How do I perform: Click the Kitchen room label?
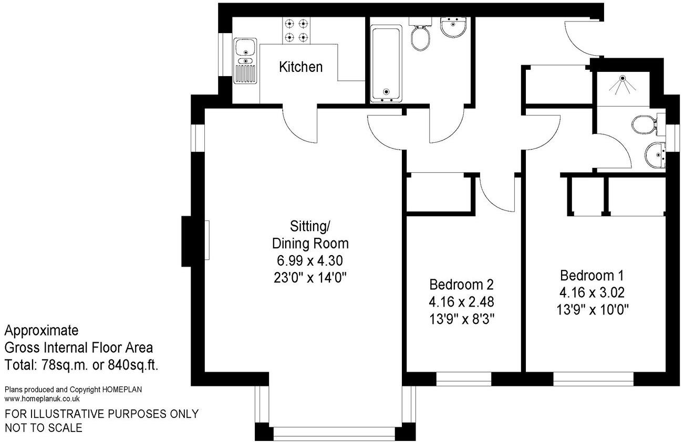tap(300, 67)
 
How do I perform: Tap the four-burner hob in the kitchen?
tap(296, 30)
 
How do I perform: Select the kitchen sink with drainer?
tap(245, 61)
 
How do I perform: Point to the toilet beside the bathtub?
tap(420, 36)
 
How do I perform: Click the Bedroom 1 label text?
tap(593, 276)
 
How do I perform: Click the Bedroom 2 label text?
tap(462, 285)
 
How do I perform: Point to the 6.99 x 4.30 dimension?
tap(310, 260)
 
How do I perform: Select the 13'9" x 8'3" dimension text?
tap(462, 319)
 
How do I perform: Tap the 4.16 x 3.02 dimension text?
tap(593, 292)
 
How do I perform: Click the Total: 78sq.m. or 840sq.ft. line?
tap(81, 365)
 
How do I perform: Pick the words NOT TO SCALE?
tap(44, 428)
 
